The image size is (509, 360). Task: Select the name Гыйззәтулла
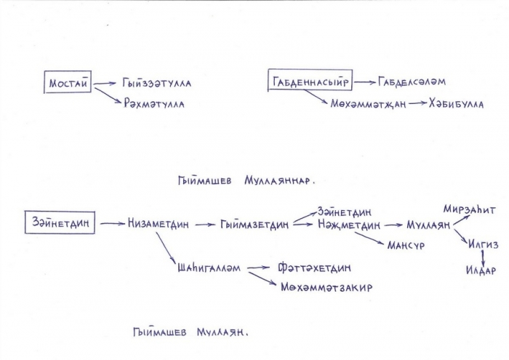157,83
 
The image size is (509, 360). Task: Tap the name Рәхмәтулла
154,104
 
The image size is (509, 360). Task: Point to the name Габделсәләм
412,81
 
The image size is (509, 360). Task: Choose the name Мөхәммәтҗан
368,104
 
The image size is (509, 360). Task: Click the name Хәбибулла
456,103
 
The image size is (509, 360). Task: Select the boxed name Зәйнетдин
60,223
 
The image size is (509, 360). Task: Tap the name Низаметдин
158,224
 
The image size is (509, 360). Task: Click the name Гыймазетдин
254,224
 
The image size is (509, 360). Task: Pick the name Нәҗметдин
349,225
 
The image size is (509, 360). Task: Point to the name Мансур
406,245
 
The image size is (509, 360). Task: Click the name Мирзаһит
470,209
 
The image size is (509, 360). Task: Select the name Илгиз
483,244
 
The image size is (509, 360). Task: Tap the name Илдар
481,270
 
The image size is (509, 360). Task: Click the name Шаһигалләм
209,268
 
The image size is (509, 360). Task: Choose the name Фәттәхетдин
314,268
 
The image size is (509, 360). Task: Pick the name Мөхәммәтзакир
326,287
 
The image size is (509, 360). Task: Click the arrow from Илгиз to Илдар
484,257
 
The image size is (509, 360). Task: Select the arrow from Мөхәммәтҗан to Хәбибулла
418,103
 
